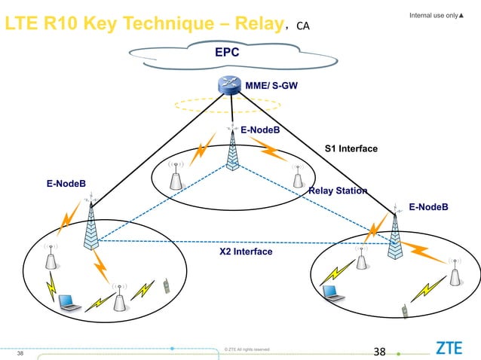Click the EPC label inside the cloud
(x=227, y=53)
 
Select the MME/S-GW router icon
(x=231, y=85)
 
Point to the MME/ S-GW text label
(x=276, y=86)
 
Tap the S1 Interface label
(x=351, y=148)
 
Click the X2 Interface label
(x=246, y=251)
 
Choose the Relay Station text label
(x=338, y=191)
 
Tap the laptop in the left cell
(x=69, y=301)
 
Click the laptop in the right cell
(x=332, y=291)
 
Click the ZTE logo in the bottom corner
(x=449, y=348)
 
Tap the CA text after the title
(x=302, y=27)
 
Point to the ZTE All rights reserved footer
(x=247, y=349)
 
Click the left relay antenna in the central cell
(x=176, y=177)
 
